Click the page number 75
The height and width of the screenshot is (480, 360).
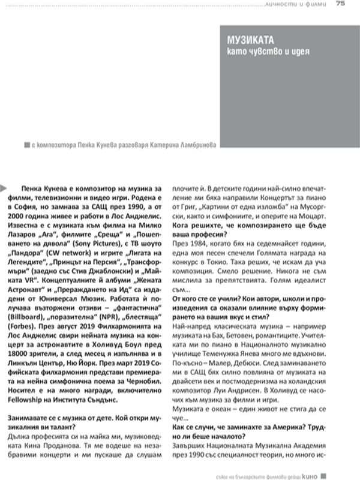tap(340, 5)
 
